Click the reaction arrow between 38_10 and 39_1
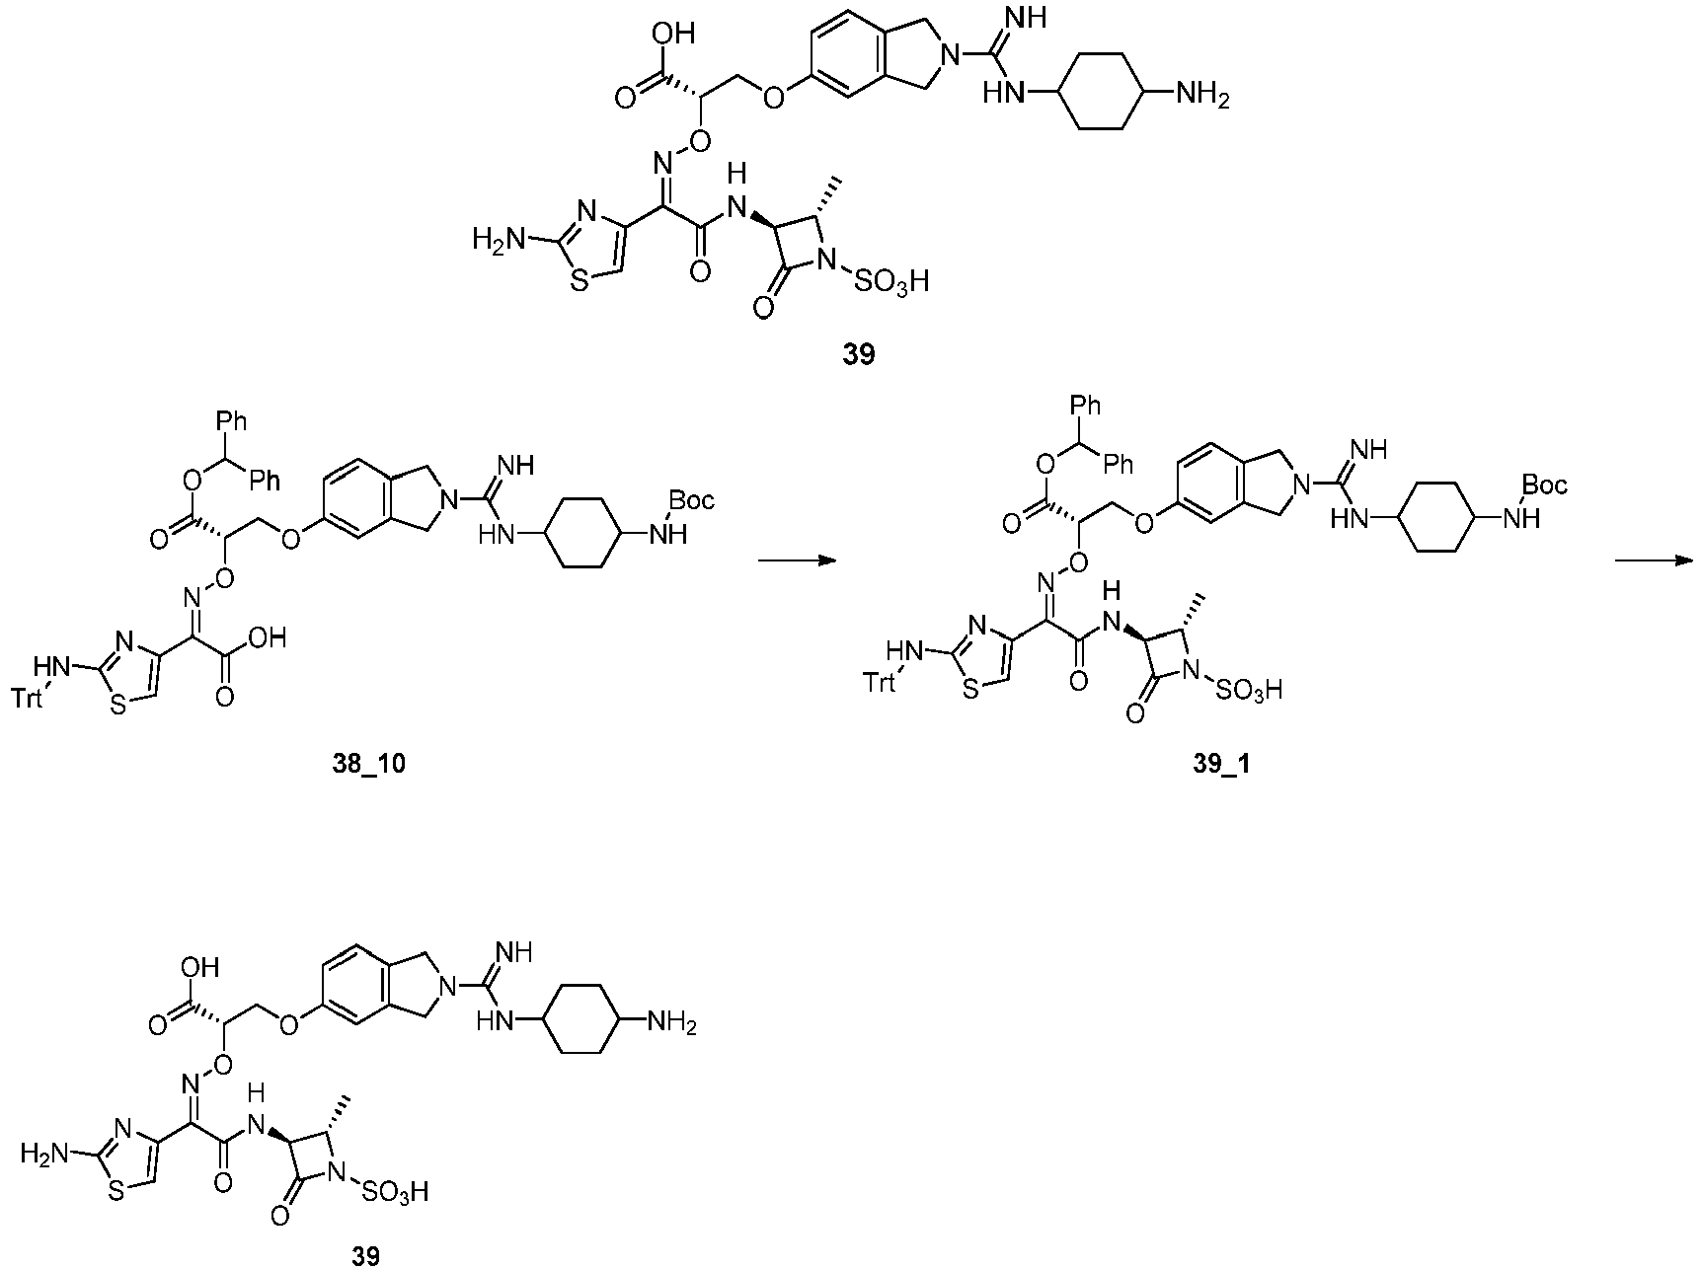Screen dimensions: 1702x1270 pyautogui.click(x=796, y=561)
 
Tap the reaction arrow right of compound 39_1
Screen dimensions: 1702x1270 pyautogui.click(x=1656, y=561)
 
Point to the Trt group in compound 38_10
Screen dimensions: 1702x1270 pyautogui.click(x=31, y=699)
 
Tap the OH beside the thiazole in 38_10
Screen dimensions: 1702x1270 pyautogui.click(x=268, y=638)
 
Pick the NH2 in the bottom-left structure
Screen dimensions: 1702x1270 pyautogui.click(x=671, y=1025)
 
